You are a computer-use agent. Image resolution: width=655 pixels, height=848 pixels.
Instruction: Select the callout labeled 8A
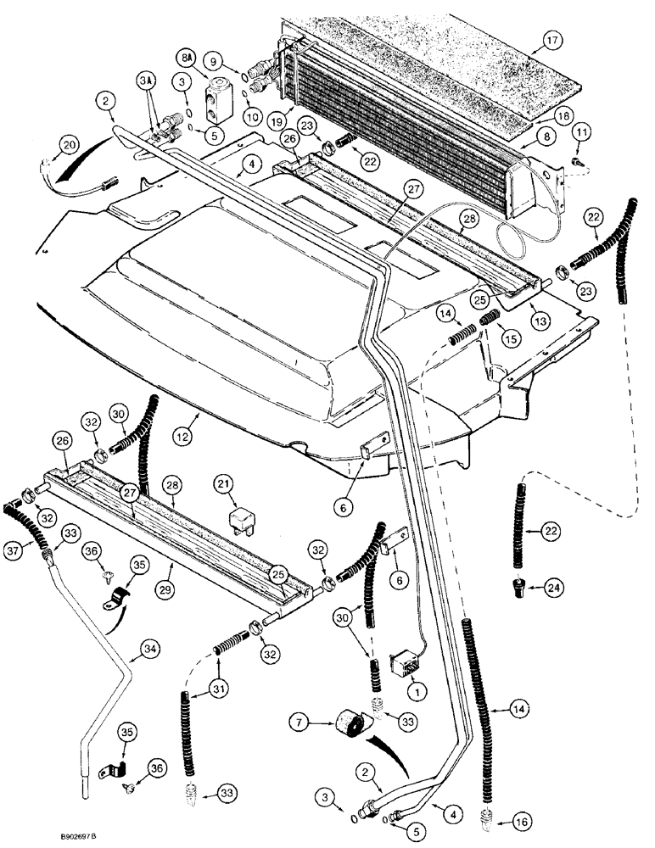[x=210, y=60]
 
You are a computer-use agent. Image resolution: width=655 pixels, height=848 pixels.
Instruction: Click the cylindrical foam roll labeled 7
[x=349, y=728]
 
